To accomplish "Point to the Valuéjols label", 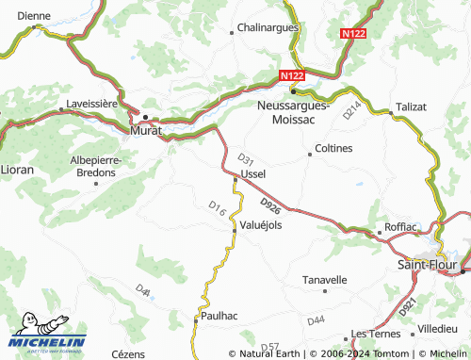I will click(261, 225).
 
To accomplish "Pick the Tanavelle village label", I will click(324, 280).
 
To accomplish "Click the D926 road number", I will click(269, 205).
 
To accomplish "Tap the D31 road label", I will click(246, 158).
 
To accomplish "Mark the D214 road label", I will click(351, 111).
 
